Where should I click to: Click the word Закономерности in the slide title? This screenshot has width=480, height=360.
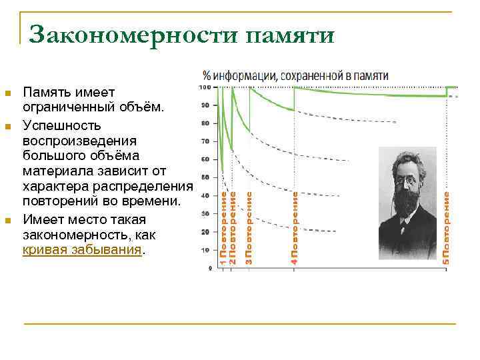pos(133,35)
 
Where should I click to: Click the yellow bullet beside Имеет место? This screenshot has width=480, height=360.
pos(8,221)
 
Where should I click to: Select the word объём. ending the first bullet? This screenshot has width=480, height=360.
pos(139,107)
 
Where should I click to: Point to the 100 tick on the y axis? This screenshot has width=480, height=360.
pos(205,87)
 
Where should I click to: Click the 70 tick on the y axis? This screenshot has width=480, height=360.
pos(205,141)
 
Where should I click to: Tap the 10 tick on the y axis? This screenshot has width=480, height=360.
pos(205,250)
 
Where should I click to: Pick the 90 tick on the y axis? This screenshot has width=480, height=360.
pos(205,105)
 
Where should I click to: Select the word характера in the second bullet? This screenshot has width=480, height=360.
pos(55,187)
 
